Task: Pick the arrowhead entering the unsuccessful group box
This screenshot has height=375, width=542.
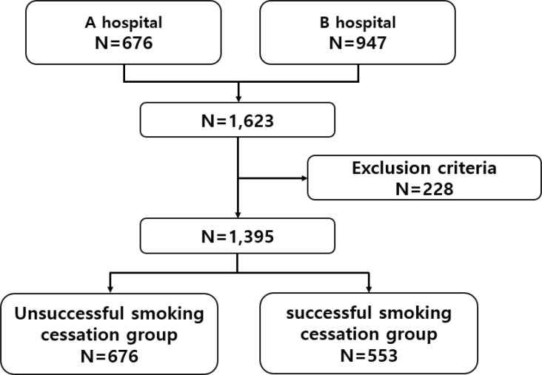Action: pos(110,288)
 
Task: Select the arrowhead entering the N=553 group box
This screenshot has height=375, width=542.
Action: pos(368,288)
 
